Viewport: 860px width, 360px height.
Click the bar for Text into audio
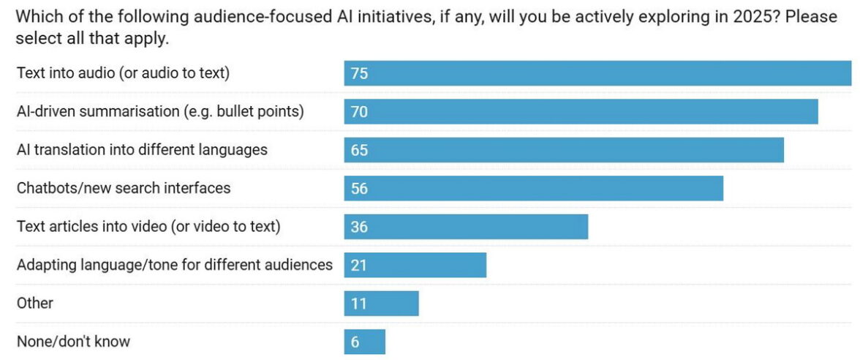pyautogui.click(x=597, y=73)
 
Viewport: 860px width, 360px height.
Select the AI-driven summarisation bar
pyautogui.click(x=581, y=111)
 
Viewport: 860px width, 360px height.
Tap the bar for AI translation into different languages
pyautogui.click(x=564, y=149)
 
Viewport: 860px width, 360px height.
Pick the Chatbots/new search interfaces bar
pyautogui.click(x=533, y=188)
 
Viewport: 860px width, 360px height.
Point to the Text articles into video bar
pyautogui.click(x=466, y=226)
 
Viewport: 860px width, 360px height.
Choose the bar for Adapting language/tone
pyautogui.click(x=415, y=265)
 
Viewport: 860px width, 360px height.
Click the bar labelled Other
pyautogui.click(x=381, y=303)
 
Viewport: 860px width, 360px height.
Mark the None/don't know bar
pyautogui.click(x=364, y=342)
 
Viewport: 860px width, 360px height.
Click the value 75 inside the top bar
pyautogui.click(x=359, y=73)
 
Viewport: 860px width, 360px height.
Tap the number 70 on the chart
pyautogui.click(x=359, y=112)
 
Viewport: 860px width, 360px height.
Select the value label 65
pyautogui.click(x=359, y=150)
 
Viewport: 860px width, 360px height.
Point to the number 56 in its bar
pyautogui.click(x=359, y=189)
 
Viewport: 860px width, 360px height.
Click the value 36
pyautogui.click(x=359, y=227)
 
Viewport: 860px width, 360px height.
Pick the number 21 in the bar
pyautogui.click(x=358, y=265)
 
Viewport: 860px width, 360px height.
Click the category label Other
pyautogui.click(x=35, y=303)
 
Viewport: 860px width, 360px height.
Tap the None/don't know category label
pyautogui.click(x=73, y=341)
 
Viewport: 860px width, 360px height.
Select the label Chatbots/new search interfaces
pyautogui.click(x=124, y=188)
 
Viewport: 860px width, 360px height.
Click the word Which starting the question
pyautogui.click(x=37, y=16)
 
